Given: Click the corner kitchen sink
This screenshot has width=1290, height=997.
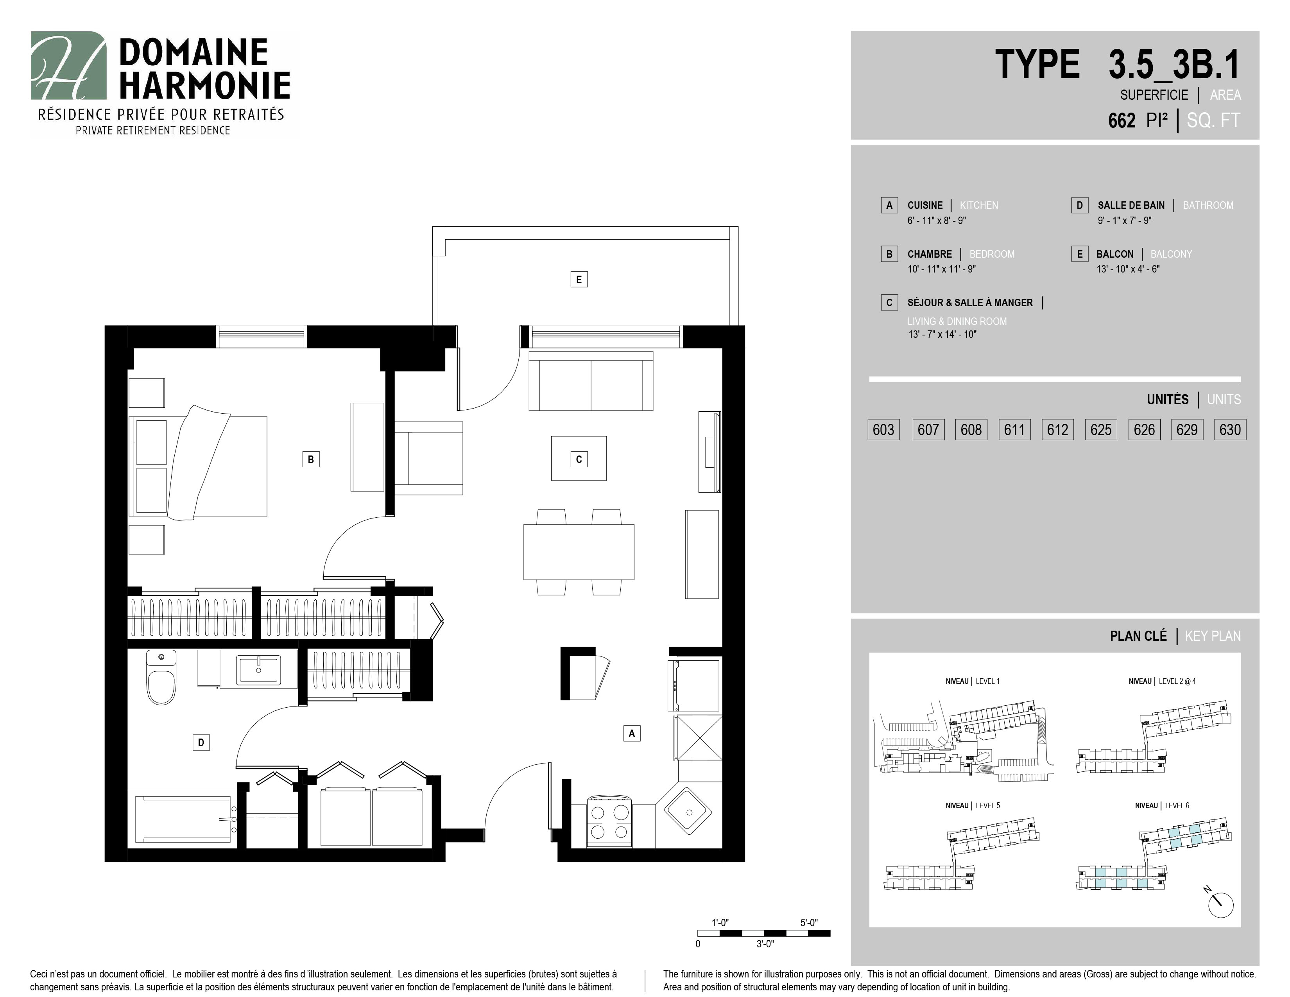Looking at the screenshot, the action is pos(689,811).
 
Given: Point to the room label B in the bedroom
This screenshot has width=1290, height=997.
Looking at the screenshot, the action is pos(311,459).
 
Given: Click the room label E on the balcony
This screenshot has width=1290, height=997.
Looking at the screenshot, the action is pos(579,280).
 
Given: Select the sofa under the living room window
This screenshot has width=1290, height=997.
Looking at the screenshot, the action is pos(591,381).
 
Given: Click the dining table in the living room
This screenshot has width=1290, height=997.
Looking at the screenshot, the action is pos(579,552).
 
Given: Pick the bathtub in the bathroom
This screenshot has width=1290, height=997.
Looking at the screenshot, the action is pos(183,819).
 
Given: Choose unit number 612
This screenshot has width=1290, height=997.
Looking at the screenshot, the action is pos(1057,429).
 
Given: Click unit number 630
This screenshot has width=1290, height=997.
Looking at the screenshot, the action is pos(1230,429).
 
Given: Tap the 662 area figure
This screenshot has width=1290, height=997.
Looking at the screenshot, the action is pos(1122,120).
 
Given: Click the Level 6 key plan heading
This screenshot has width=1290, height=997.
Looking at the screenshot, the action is pos(1162,806).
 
